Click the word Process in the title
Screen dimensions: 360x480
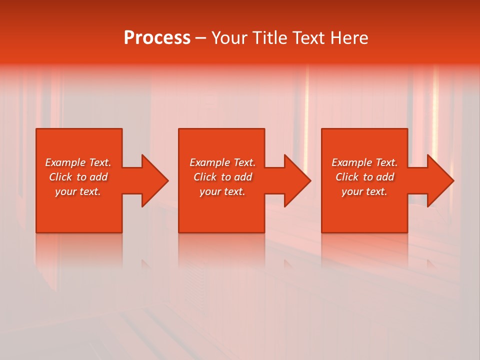pyautogui.click(x=157, y=38)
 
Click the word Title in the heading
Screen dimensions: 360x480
pyautogui.click(x=270, y=38)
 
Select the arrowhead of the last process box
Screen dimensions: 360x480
pyautogui.click(x=439, y=180)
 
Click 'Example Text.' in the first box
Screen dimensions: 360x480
pyautogui.click(x=78, y=162)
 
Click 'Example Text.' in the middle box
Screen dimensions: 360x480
pyautogui.click(x=222, y=162)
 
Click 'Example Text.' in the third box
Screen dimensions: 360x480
pyautogui.click(x=364, y=162)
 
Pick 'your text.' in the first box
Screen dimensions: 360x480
pyautogui.click(x=78, y=191)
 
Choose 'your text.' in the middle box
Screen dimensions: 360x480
pyautogui.click(x=222, y=191)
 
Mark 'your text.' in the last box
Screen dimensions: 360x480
pyautogui.click(x=364, y=191)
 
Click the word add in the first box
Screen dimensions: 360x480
pyautogui.click(x=99, y=177)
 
